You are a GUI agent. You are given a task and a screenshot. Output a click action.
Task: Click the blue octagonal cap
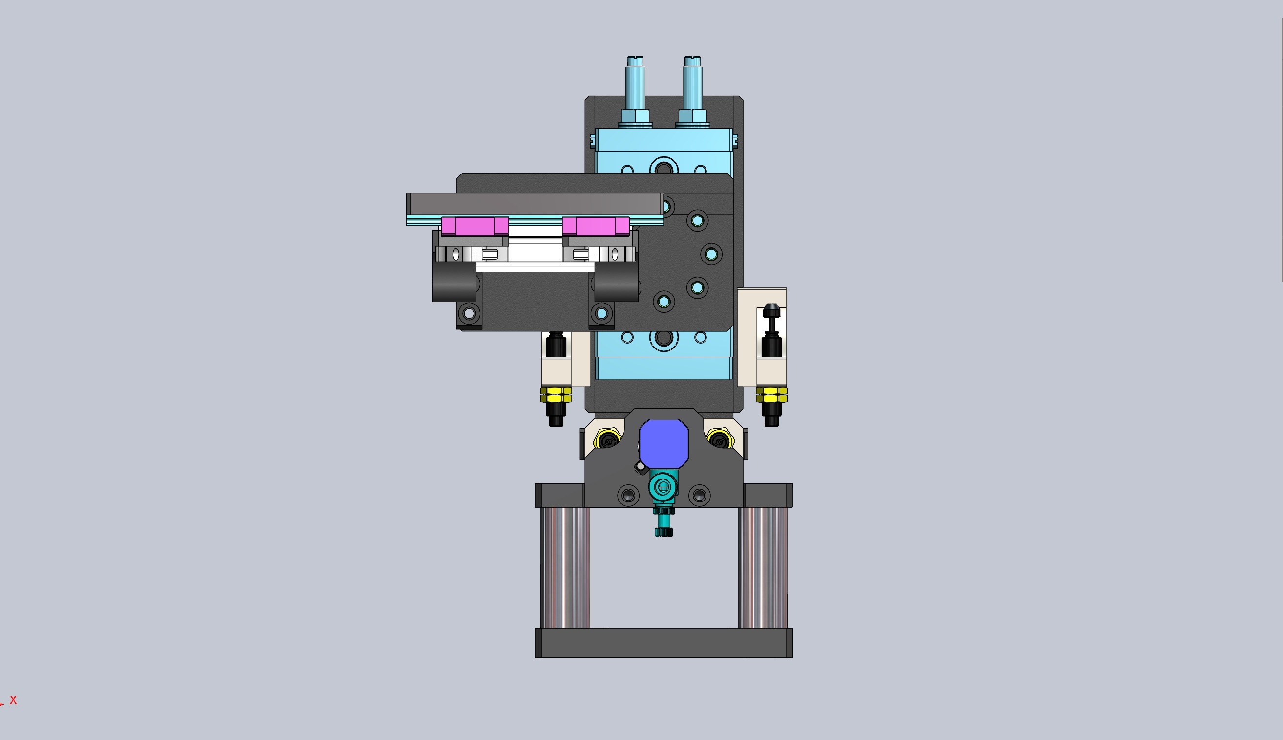coord(663,443)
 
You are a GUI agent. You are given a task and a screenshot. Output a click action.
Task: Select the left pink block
coord(474,226)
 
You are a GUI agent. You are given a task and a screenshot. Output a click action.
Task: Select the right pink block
coord(595,226)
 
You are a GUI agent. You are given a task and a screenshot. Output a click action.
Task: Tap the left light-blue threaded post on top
coord(635,87)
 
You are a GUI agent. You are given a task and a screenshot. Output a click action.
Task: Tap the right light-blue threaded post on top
coord(692,87)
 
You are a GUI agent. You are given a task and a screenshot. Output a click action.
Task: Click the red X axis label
coord(13,700)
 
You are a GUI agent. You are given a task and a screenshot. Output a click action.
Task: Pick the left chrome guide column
coord(565,567)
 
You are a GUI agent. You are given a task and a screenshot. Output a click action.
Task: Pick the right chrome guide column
coord(762,567)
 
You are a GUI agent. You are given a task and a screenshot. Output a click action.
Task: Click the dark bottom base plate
coord(663,643)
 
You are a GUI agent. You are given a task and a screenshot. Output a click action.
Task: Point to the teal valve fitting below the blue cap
coord(663,487)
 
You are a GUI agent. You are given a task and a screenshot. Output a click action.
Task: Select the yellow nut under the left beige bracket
coord(556,394)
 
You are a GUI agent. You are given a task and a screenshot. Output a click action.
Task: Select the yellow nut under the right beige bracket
coord(771,394)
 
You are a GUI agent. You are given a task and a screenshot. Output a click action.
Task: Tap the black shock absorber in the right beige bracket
coord(771,333)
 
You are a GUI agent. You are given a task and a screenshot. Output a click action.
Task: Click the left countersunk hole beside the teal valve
coord(628,495)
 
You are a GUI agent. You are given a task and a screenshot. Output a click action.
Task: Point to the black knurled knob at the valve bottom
coord(663,532)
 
